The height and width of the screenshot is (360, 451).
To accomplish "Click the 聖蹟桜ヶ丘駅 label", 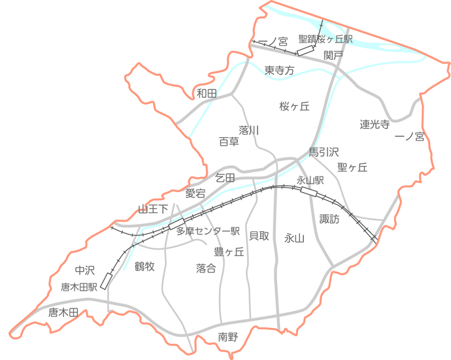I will [x=325, y=40].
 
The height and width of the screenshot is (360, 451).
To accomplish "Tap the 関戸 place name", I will [x=333, y=56].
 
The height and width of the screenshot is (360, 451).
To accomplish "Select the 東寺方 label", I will [x=280, y=70].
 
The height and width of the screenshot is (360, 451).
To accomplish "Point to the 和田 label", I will [x=207, y=93].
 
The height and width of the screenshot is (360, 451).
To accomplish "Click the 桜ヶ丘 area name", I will [x=293, y=106].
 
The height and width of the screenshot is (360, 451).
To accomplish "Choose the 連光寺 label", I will [x=375, y=124].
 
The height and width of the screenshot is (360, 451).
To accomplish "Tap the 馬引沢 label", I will [x=324, y=152].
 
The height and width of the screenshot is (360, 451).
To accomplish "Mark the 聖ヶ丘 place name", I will [x=352, y=167].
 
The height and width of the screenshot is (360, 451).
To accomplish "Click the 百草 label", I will [x=229, y=141].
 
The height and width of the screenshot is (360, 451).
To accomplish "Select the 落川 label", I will [x=249, y=130].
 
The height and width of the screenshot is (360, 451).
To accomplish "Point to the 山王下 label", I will [x=153, y=209].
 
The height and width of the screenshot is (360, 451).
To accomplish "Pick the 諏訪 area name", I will [x=329, y=220].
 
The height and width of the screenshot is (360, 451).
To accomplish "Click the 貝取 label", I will [x=259, y=236].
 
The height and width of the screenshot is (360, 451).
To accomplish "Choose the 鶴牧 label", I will [x=144, y=266].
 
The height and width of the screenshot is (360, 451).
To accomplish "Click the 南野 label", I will [x=228, y=337].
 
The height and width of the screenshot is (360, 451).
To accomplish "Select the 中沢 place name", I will [x=85, y=270].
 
